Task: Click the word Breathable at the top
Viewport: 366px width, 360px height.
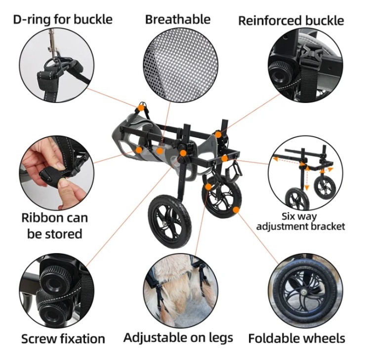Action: point(178,19)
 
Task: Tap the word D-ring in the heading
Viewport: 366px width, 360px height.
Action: point(31,19)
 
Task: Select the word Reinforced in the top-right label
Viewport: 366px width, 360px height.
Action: point(270,21)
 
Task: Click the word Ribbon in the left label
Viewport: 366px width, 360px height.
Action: point(41,218)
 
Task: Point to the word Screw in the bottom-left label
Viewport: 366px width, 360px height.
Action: point(39,339)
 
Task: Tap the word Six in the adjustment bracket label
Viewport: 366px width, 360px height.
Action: point(288,216)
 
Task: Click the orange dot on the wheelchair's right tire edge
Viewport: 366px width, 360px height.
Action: point(236,210)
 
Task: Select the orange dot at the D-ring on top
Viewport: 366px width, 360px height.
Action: point(141,108)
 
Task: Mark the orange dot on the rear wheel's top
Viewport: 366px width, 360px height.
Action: point(208,186)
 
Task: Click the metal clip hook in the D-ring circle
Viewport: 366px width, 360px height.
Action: point(53,45)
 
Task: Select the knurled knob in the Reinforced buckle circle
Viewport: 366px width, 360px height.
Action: point(281,74)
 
